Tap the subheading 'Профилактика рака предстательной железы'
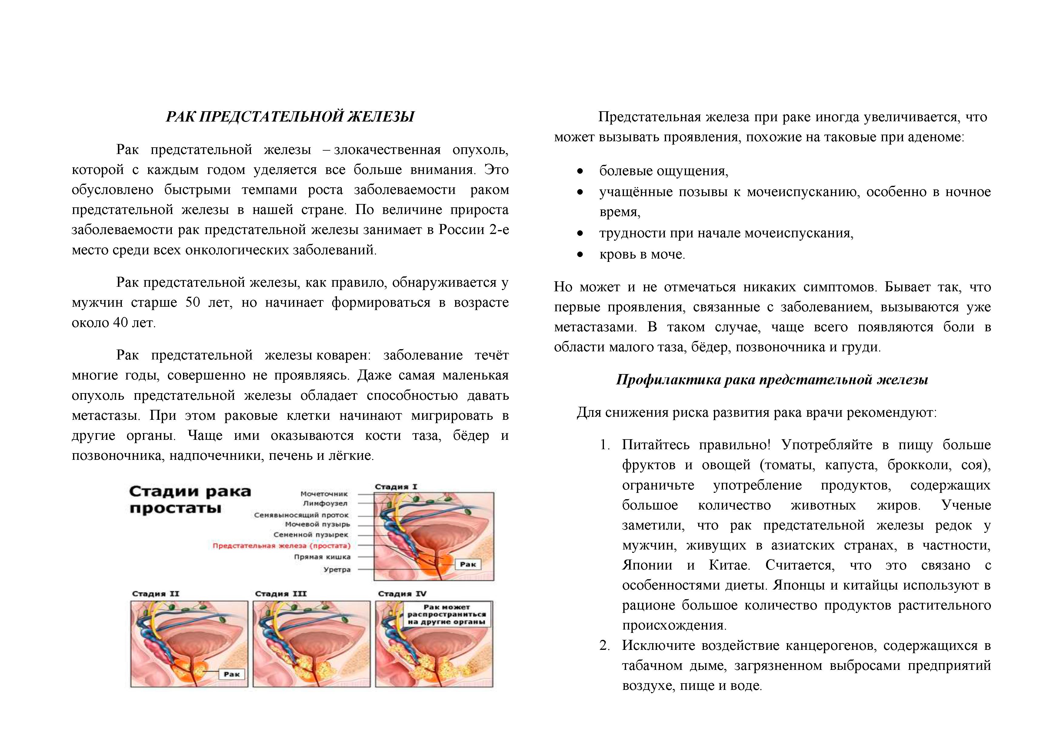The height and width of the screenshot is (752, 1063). coord(772,380)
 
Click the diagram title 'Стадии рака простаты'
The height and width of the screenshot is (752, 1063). coord(190,500)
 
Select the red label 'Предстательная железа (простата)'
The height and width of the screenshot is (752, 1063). coord(282,546)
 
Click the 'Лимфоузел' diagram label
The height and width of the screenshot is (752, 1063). coord(325,503)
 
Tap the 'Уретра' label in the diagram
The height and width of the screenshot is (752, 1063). coord(337,570)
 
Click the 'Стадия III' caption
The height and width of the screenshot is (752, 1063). coord(281,594)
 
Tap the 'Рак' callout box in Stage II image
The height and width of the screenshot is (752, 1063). coord(232,674)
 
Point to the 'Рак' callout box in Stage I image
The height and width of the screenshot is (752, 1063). coord(468,564)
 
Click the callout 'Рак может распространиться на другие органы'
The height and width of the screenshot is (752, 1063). coord(446,614)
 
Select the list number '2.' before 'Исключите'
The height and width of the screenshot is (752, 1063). coord(604,646)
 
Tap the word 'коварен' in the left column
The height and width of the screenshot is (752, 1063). coord(343,355)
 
